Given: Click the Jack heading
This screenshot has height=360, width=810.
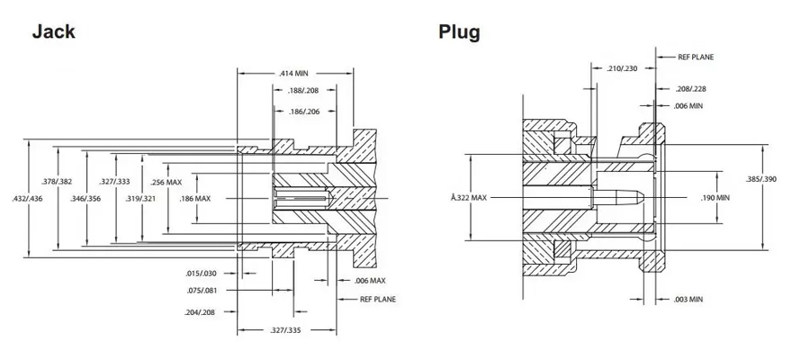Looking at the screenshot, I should [x=53, y=31].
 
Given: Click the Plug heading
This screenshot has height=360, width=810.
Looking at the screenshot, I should [x=459, y=32].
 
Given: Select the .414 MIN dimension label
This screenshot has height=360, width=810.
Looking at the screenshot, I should [x=289, y=72].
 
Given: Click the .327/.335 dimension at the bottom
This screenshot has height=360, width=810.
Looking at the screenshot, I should [x=286, y=330].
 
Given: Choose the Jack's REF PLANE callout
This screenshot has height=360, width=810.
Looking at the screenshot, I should [x=377, y=298].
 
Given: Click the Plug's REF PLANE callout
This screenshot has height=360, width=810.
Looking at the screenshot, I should [x=696, y=56].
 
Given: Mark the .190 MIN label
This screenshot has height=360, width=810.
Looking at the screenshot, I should [x=715, y=196].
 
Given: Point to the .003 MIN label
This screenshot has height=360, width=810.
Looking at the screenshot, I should [x=687, y=298].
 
